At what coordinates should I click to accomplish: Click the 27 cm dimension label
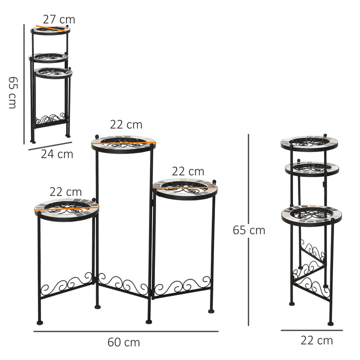[58, 19]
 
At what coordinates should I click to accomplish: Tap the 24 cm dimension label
[57, 154]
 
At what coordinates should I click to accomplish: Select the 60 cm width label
[123, 342]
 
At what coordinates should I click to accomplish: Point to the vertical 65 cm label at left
[12, 92]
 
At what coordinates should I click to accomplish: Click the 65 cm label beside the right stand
[248, 230]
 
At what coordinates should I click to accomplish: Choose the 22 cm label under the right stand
[316, 341]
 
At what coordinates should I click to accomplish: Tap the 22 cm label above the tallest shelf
[126, 124]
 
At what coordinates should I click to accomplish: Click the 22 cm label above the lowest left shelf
[65, 191]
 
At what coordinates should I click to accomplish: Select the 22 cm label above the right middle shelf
[187, 172]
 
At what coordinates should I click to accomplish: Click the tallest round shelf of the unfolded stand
[123, 143]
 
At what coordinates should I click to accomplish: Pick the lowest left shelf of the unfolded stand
[67, 209]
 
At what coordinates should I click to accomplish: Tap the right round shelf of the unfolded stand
[185, 189]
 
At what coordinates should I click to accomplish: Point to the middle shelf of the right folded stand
[312, 168]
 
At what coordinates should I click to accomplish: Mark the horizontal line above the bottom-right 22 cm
[311, 330]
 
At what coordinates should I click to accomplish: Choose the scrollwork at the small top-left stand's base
[50, 119]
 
